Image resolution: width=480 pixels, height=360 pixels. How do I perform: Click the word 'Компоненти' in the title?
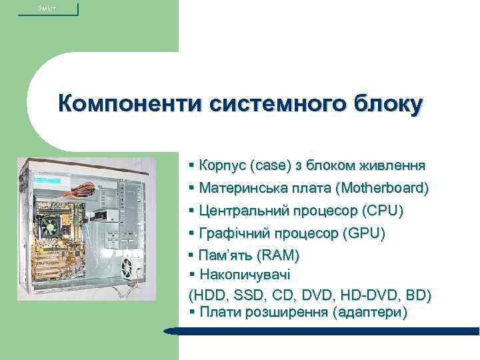coord(130,105)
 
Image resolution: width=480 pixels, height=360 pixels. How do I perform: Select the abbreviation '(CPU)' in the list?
coord(382,211)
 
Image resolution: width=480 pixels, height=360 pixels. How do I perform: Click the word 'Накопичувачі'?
coord(244,275)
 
